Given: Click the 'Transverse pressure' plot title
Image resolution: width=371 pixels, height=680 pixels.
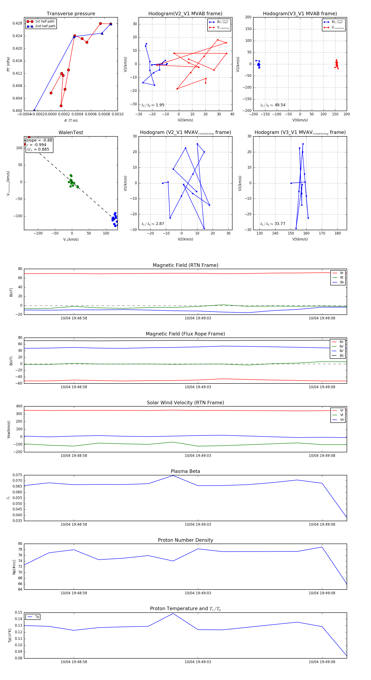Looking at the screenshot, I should click(x=71, y=14).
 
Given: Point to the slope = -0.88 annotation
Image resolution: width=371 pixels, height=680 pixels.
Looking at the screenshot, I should click(x=39, y=140).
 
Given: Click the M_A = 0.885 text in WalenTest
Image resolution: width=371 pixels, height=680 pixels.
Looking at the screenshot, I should click(x=38, y=149).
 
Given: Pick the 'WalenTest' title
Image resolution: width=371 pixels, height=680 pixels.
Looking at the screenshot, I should click(x=71, y=132).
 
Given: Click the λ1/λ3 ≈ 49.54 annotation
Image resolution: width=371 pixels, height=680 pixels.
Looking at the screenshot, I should click(x=272, y=105).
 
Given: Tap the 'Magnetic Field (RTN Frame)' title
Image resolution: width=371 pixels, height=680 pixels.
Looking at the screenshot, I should click(x=185, y=265).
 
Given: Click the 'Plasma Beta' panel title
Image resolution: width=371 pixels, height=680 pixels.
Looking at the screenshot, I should click(x=185, y=471).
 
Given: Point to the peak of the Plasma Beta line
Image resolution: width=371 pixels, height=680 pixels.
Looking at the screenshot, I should click(x=173, y=475).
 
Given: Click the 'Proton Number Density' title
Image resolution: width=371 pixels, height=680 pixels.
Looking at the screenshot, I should click(x=185, y=540).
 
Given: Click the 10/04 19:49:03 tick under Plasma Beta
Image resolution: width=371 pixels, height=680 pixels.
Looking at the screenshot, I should click(x=198, y=524).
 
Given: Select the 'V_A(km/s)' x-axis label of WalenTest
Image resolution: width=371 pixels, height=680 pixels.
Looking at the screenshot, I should click(x=71, y=239).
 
